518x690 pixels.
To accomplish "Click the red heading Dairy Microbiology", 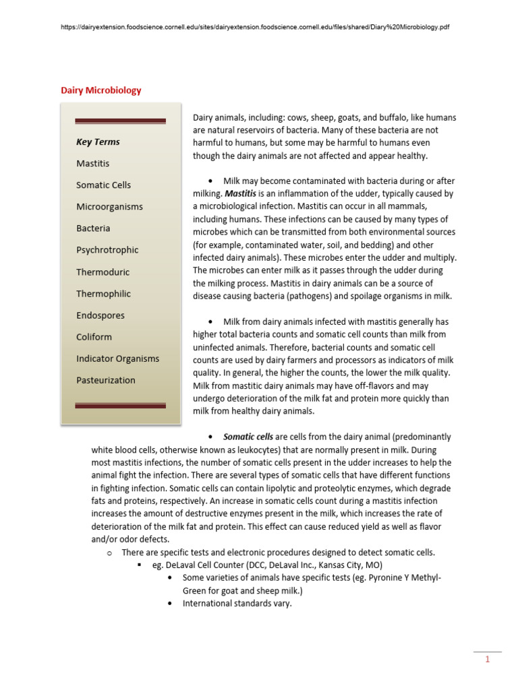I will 101,90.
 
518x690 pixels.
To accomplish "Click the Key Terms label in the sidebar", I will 98,142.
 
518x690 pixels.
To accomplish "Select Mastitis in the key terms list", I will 92,163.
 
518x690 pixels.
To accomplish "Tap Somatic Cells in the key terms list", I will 103,185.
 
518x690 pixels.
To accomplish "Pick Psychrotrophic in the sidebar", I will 107,249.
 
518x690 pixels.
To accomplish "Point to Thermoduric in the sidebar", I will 103,272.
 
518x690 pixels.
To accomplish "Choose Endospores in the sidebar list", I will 100,315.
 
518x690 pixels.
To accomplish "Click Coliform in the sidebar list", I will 94,336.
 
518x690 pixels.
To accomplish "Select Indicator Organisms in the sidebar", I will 117,358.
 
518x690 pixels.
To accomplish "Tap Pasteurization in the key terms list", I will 105,380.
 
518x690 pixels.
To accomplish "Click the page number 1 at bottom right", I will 487,660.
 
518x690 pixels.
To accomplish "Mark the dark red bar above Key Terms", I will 120,121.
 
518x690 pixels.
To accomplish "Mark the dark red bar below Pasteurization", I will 120,405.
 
